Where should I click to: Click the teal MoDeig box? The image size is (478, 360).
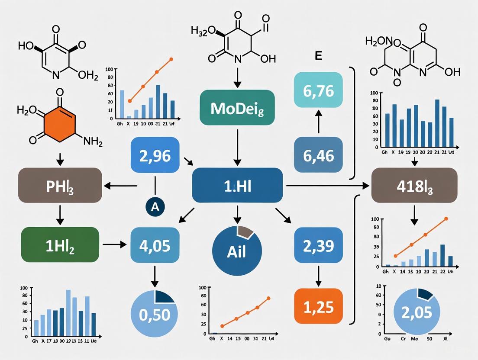click(237, 108)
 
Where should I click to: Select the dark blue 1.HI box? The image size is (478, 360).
click(237, 186)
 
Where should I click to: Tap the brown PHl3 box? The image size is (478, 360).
click(60, 186)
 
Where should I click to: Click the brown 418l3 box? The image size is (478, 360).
click(414, 186)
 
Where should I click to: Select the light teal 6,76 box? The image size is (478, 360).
click(318, 90)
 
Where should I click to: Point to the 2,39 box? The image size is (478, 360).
click(318, 246)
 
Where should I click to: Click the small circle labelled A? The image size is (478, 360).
click(155, 207)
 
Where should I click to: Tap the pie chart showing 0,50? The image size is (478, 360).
click(155, 313)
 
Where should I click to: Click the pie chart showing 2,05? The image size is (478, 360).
click(414, 312)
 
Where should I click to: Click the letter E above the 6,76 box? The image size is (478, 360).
click(318, 57)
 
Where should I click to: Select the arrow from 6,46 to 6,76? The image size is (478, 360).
click(318, 123)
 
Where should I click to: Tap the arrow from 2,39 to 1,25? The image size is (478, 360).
click(318, 276)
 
